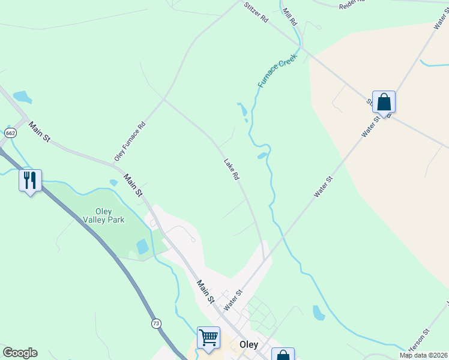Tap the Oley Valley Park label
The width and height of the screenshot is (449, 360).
110,215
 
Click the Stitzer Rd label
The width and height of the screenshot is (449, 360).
256,12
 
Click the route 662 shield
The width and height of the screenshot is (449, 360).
10,133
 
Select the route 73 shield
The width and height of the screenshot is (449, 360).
157,323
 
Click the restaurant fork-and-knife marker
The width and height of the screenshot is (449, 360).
30,180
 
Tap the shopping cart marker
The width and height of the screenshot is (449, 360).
208,337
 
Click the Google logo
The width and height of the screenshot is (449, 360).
20,353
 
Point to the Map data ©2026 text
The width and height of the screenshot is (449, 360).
424,355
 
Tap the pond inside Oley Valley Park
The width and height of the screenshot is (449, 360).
142,247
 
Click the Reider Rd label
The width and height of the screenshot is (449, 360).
352,4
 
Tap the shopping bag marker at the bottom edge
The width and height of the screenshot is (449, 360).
283,355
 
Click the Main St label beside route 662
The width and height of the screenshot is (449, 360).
40,131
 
